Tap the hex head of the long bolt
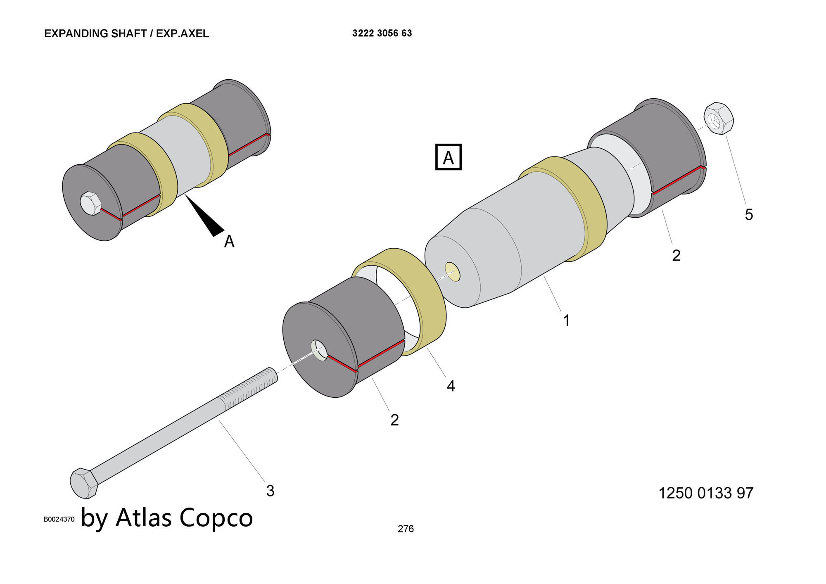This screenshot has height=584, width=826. [84, 483]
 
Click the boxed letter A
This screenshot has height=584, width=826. [449, 157]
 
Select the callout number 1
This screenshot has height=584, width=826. [567, 320]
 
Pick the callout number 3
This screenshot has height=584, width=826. [270, 491]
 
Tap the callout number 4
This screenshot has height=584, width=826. [451, 386]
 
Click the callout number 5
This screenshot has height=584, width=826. [749, 214]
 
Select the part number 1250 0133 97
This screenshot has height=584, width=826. [705, 493]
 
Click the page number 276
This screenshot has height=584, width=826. [406, 529]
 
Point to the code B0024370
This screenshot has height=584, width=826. [59, 520]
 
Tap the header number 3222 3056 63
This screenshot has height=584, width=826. [382, 33]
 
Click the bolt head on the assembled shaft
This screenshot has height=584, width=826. [90, 203]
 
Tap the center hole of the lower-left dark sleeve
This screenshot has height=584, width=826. [319, 350]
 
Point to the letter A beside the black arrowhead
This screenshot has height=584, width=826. [229, 241]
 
